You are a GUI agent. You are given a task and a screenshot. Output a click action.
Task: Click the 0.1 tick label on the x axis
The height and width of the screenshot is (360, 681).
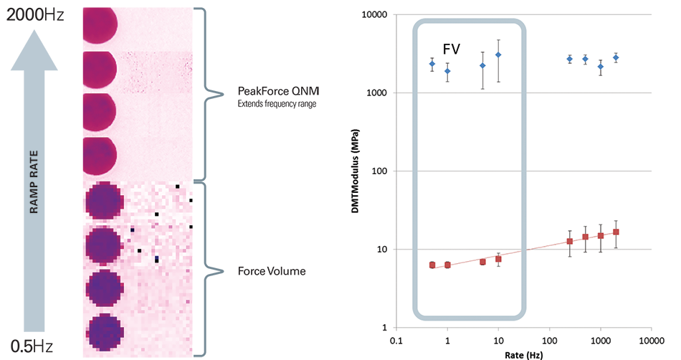tap(396, 340)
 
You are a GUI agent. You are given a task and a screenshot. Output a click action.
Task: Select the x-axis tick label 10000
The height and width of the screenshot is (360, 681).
tap(650, 340)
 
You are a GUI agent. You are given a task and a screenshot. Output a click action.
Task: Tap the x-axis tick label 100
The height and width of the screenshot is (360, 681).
tap(549, 340)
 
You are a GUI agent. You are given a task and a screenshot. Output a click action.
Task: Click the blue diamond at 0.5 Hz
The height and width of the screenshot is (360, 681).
tap(432, 64)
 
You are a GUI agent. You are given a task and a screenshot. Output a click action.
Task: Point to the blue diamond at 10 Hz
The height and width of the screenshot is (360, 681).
tap(498, 55)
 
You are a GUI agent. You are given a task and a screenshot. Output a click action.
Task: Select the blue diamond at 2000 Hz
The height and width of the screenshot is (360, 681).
tap(616, 57)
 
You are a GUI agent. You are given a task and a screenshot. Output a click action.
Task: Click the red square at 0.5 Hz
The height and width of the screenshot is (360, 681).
tap(432, 265)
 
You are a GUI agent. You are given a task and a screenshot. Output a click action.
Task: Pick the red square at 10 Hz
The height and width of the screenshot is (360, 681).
tap(498, 259)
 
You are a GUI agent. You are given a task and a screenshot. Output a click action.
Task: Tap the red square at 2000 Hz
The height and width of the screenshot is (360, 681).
tap(616, 232)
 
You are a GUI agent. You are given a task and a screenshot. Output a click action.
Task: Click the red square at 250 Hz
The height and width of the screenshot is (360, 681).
tap(570, 241)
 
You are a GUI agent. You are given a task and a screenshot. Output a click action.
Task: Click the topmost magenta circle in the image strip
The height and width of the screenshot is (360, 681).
tap(95, 25)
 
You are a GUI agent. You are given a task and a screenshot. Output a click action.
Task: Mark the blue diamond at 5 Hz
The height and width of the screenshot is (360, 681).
tap(483, 65)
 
